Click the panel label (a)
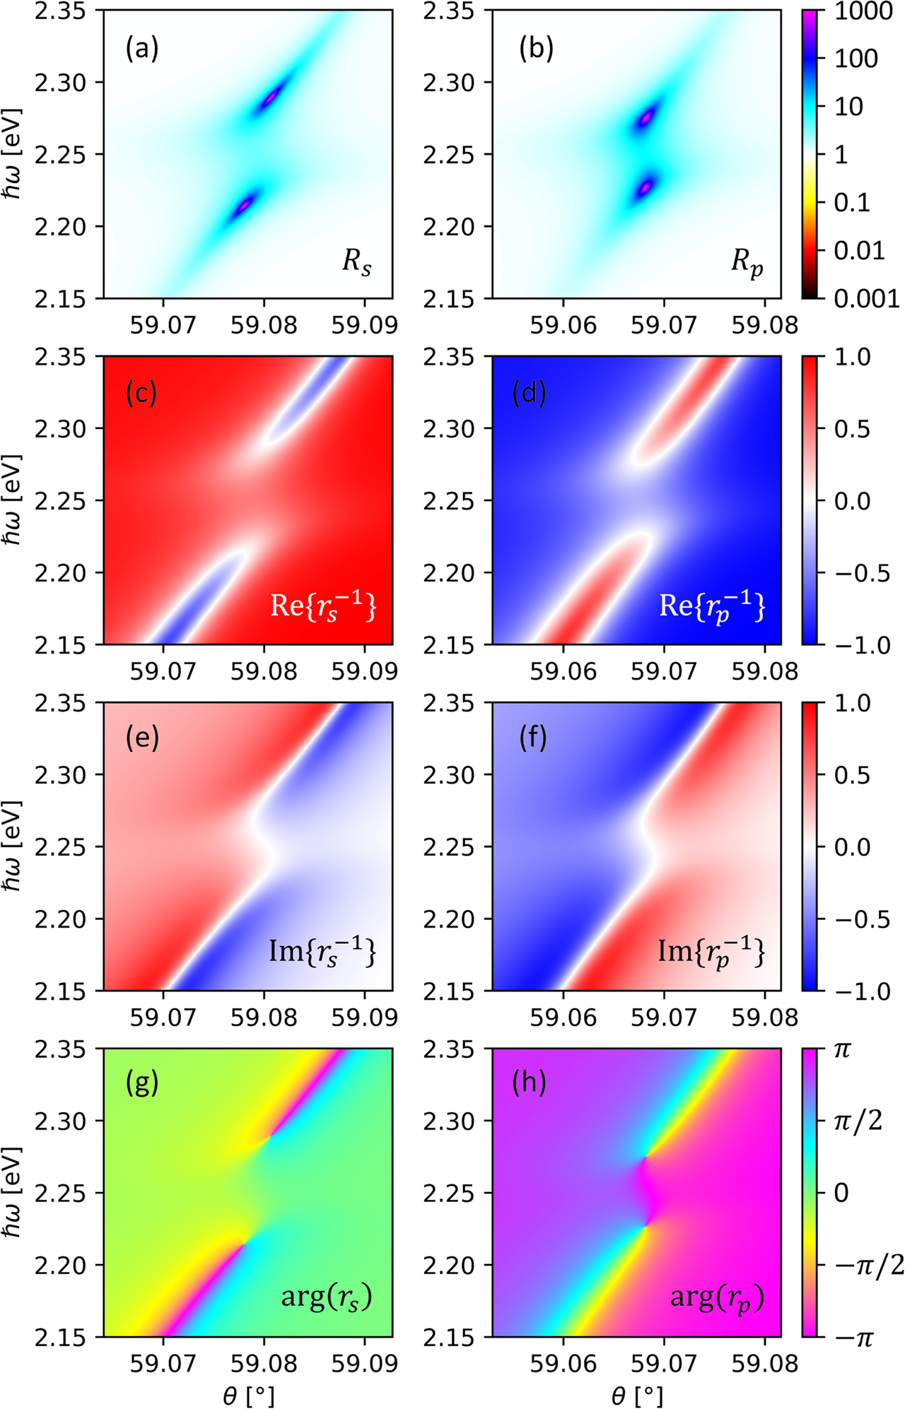click(142, 49)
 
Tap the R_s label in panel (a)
click(356, 262)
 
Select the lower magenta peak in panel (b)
click(644, 188)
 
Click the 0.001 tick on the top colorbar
click(866, 298)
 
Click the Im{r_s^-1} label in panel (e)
click(322, 953)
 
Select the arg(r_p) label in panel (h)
click(717, 1298)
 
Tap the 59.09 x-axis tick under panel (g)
click(365, 1363)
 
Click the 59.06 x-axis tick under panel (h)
click(564, 1363)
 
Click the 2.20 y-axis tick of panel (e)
click(62, 919)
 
